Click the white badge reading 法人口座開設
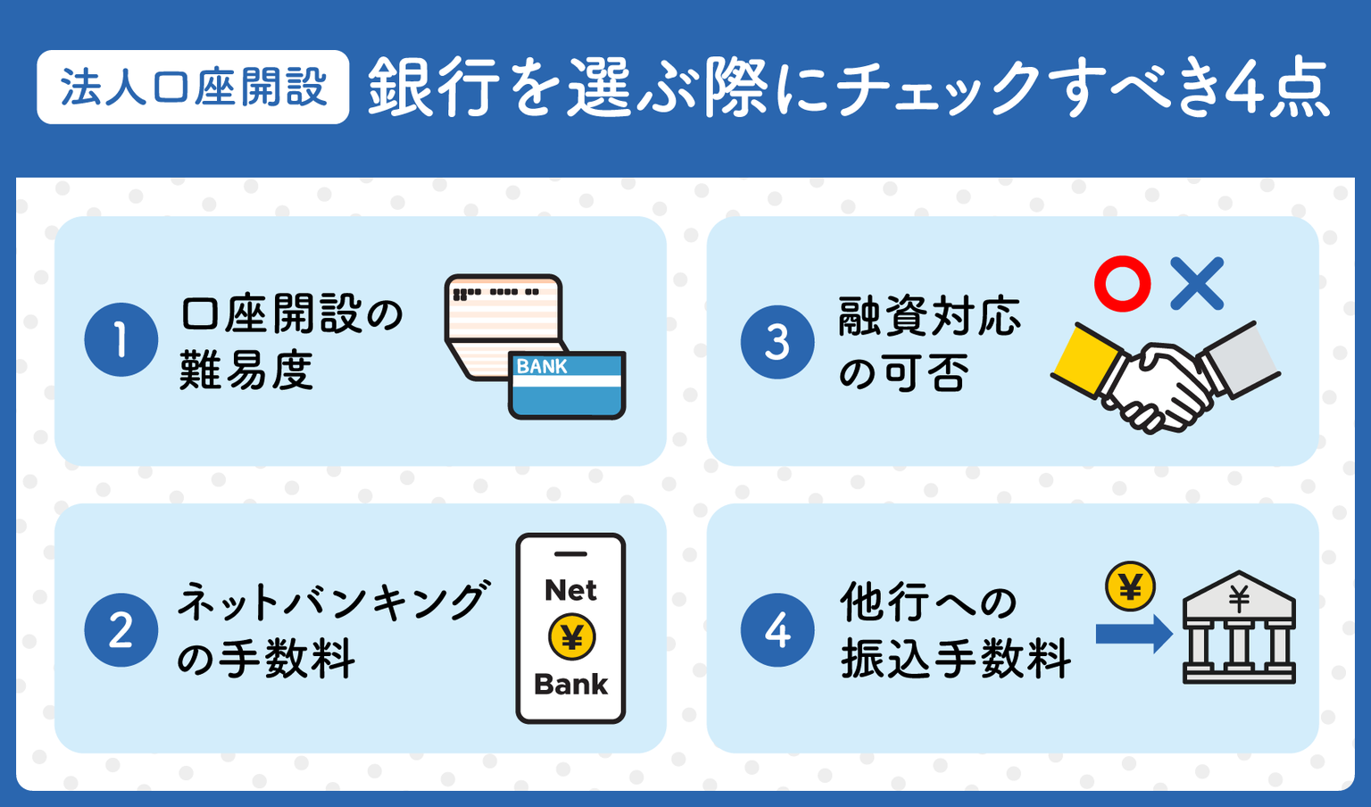click(x=193, y=87)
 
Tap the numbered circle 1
click(x=121, y=339)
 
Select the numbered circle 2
click(x=121, y=630)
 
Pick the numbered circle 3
click(x=777, y=342)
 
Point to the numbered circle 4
click(x=777, y=630)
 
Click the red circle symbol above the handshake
click(x=1123, y=284)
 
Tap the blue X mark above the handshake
click(x=1197, y=284)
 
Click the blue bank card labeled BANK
click(x=567, y=385)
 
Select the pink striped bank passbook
click(x=504, y=326)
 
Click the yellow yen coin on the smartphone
click(x=571, y=636)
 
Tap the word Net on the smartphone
click(x=570, y=590)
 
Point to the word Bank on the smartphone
click(x=571, y=684)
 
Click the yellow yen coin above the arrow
click(x=1131, y=586)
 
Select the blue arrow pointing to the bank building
click(x=1134, y=635)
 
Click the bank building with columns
click(x=1239, y=627)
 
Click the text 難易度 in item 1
click(x=246, y=370)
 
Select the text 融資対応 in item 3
click(x=929, y=316)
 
